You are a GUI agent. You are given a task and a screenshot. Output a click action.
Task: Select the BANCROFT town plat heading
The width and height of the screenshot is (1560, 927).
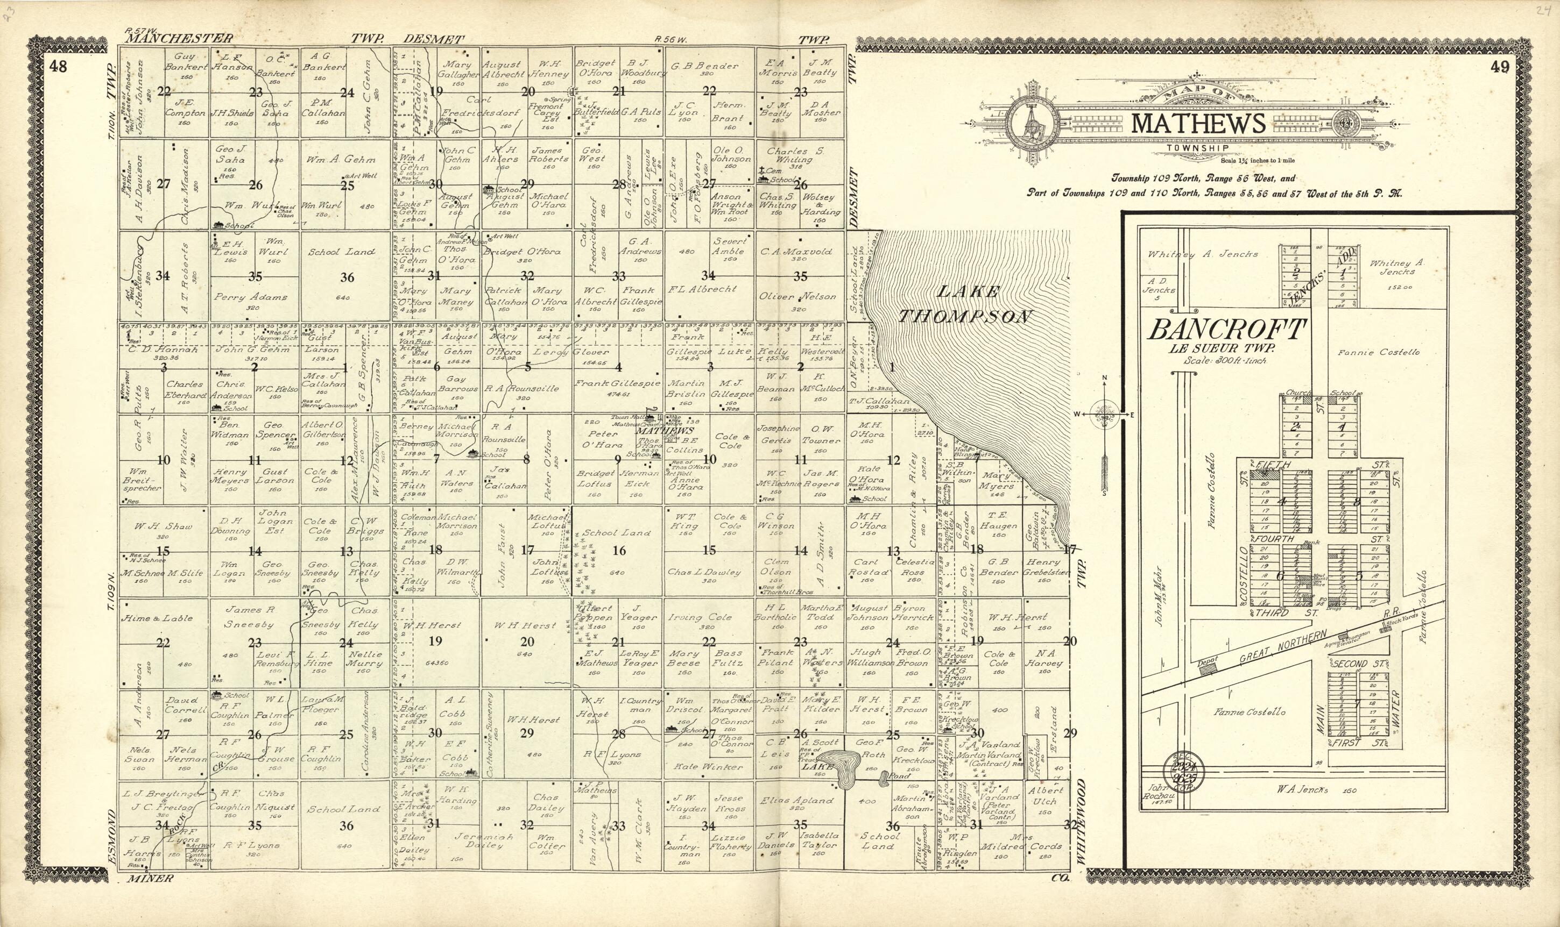[1227, 329]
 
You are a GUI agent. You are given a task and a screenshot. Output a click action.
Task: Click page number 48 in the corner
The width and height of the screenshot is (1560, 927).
[59, 67]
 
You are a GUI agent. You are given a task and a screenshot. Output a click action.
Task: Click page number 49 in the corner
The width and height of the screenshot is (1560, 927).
[1499, 67]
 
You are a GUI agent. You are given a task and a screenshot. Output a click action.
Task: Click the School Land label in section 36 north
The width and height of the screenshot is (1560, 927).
[342, 252]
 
